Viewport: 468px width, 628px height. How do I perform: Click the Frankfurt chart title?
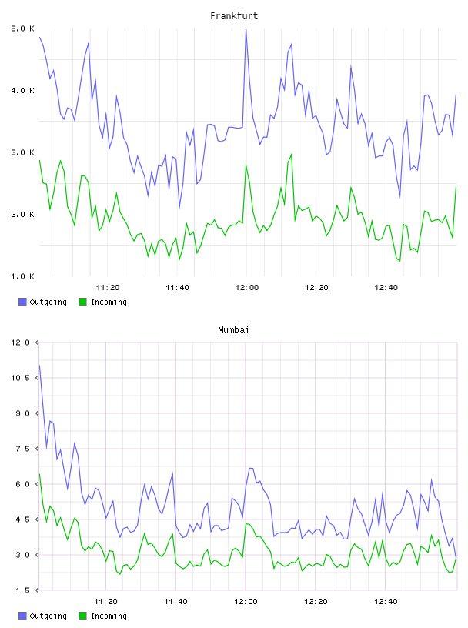tap(234, 16)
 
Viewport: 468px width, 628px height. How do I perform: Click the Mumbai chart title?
tap(233, 330)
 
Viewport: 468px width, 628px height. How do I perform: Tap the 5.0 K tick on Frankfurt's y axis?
tap(23, 28)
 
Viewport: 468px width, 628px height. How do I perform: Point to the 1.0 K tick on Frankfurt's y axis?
tap(23, 276)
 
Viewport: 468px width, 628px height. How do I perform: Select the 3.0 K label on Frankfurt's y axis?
tap(23, 152)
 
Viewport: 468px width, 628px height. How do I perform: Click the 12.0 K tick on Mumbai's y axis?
tap(25, 342)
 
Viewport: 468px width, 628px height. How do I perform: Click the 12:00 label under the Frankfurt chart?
tap(247, 288)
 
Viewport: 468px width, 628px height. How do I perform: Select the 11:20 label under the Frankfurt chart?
tap(108, 288)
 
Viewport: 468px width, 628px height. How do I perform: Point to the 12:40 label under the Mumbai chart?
tap(386, 602)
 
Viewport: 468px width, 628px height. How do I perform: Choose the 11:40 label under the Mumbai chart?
tap(176, 602)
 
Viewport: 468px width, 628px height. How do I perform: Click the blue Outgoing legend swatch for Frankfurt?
tap(22, 302)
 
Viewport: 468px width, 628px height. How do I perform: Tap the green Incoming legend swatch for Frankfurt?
tap(82, 302)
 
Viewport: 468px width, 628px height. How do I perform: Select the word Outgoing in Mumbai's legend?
tap(48, 616)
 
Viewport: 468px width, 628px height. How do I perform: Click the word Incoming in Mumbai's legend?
tap(109, 616)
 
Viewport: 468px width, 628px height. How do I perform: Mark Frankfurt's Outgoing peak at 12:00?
tap(246, 30)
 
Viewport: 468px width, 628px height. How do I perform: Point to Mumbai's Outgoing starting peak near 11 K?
tap(39, 366)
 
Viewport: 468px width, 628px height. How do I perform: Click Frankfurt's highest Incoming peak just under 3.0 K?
tap(291, 154)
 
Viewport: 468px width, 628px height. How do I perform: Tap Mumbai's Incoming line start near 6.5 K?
tap(39, 474)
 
